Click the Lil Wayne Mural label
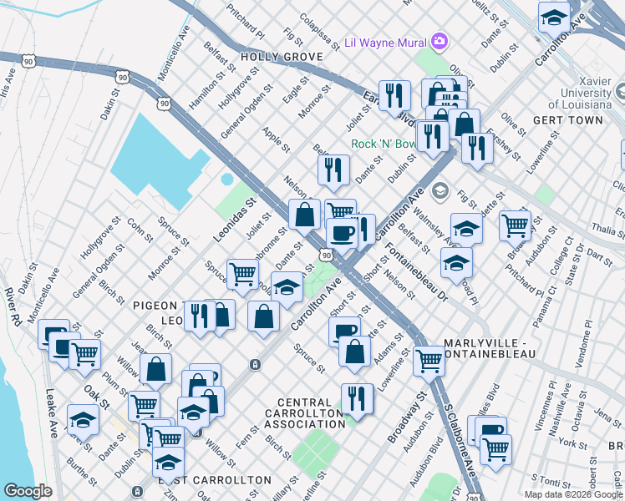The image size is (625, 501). click(x=386, y=41)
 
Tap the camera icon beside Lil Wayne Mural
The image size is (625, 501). click(x=440, y=41)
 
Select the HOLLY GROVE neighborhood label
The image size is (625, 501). click(x=281, y=57)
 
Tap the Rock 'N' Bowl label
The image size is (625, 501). click(x=382, y=144)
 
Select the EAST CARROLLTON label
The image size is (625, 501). click(x=215, y=480)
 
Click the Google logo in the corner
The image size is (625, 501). click(x=28, y=491)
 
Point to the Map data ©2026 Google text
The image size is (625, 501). click(x=573, y=494)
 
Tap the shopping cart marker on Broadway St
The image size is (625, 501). click(x=429, y=360)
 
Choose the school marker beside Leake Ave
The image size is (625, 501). click(x=83, y=419)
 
